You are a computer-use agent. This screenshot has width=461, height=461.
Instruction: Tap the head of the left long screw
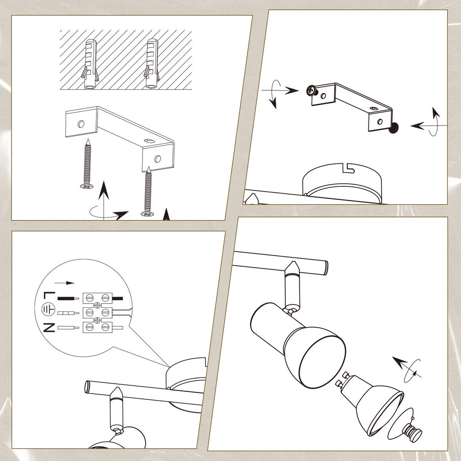coord(86,186)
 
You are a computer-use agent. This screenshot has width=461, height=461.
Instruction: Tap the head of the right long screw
coord(148,214)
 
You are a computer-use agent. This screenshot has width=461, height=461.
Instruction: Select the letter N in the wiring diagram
coord(49,328)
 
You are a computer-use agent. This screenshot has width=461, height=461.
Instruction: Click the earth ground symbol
coord(48,310)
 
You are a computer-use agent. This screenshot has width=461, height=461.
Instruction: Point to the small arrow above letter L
coord(65,283)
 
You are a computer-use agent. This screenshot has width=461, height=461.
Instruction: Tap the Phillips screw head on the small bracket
coord(311,90)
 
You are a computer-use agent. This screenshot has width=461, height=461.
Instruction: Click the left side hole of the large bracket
coord(81,124)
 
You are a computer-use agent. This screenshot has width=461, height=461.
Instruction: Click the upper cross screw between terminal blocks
coord(97,305)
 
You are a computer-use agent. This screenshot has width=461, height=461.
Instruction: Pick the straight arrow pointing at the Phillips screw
coord(280,90)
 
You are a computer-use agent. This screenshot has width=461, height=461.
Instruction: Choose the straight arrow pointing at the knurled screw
coord(429,125)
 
